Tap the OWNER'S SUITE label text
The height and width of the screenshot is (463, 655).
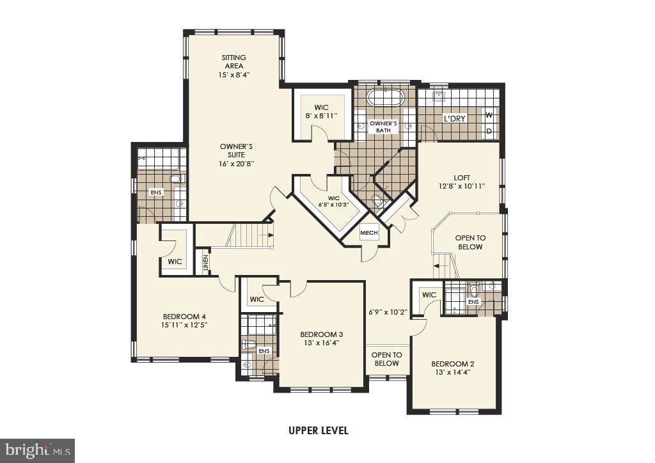(237, 155)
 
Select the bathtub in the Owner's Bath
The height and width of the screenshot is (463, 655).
(387, 99)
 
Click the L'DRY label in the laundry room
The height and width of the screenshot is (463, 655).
(455, 119)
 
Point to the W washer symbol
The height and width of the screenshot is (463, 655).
(489, 116)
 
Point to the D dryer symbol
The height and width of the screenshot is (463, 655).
(489, 132)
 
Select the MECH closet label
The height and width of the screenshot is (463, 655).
(369, 233)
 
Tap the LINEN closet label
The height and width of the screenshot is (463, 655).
(206, 263)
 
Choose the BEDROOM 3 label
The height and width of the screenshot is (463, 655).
(322, 338)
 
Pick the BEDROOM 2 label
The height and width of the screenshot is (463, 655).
(453, 368)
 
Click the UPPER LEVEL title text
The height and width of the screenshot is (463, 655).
(318, 430)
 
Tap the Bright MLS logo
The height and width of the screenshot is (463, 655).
(37, 450)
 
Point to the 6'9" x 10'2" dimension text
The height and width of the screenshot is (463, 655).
(388, 313)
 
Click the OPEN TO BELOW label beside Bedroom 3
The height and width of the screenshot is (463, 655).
(387, 359)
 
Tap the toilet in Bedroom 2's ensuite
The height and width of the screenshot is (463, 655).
(474, 290)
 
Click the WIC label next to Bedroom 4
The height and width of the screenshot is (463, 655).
(175, 262)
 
